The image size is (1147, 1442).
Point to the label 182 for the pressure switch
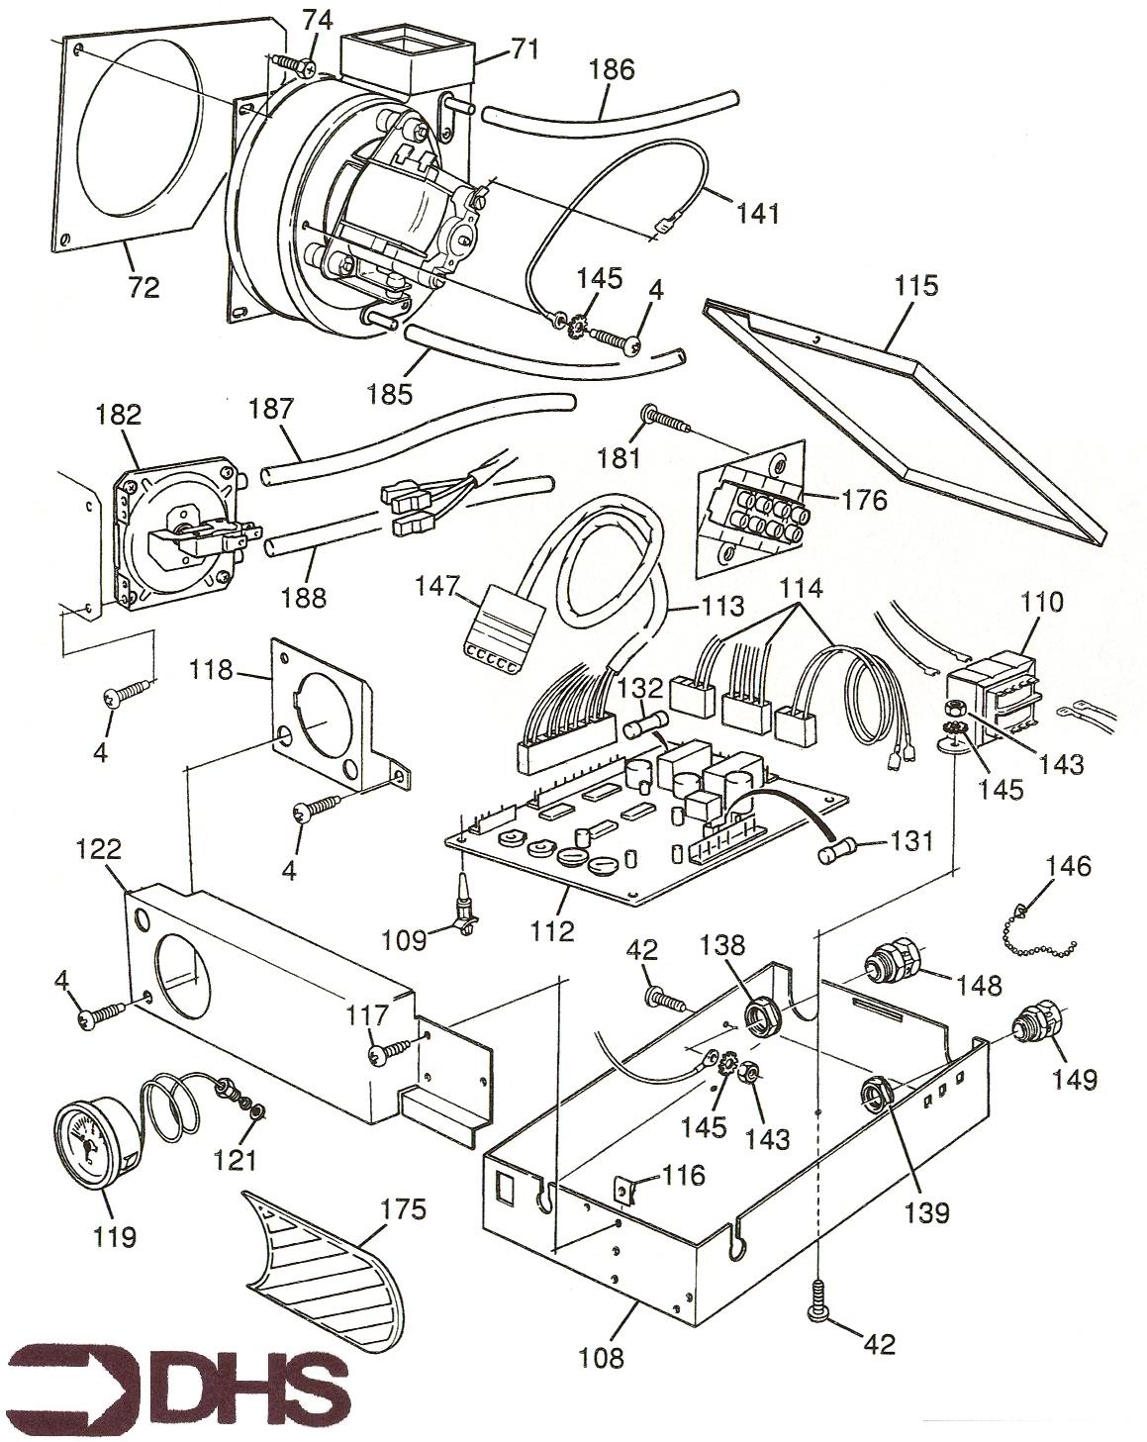coord(119,413)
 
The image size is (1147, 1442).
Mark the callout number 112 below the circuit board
coord(551,929)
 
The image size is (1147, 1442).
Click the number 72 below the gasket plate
coord(143,288)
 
